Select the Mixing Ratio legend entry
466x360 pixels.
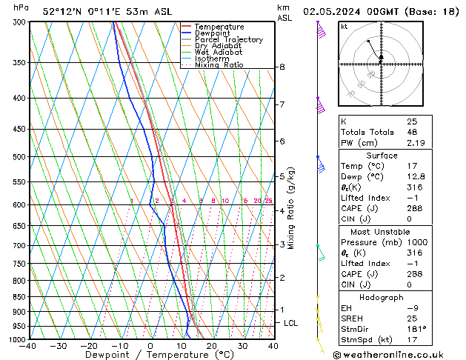coord(219,65)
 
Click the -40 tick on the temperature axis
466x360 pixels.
coord(27,346)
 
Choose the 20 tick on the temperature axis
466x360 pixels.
coord(211,346)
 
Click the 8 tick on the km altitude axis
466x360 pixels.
coord(282,67)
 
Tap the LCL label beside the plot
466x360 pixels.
coord(291,323)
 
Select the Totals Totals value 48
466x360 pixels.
coord(412,132)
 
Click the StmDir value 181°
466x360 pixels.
coord(416,329)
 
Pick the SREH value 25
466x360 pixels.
coord(412,319)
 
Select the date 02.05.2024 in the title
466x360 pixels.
coord(333,11)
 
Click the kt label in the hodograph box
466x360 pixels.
coord(344,27)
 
